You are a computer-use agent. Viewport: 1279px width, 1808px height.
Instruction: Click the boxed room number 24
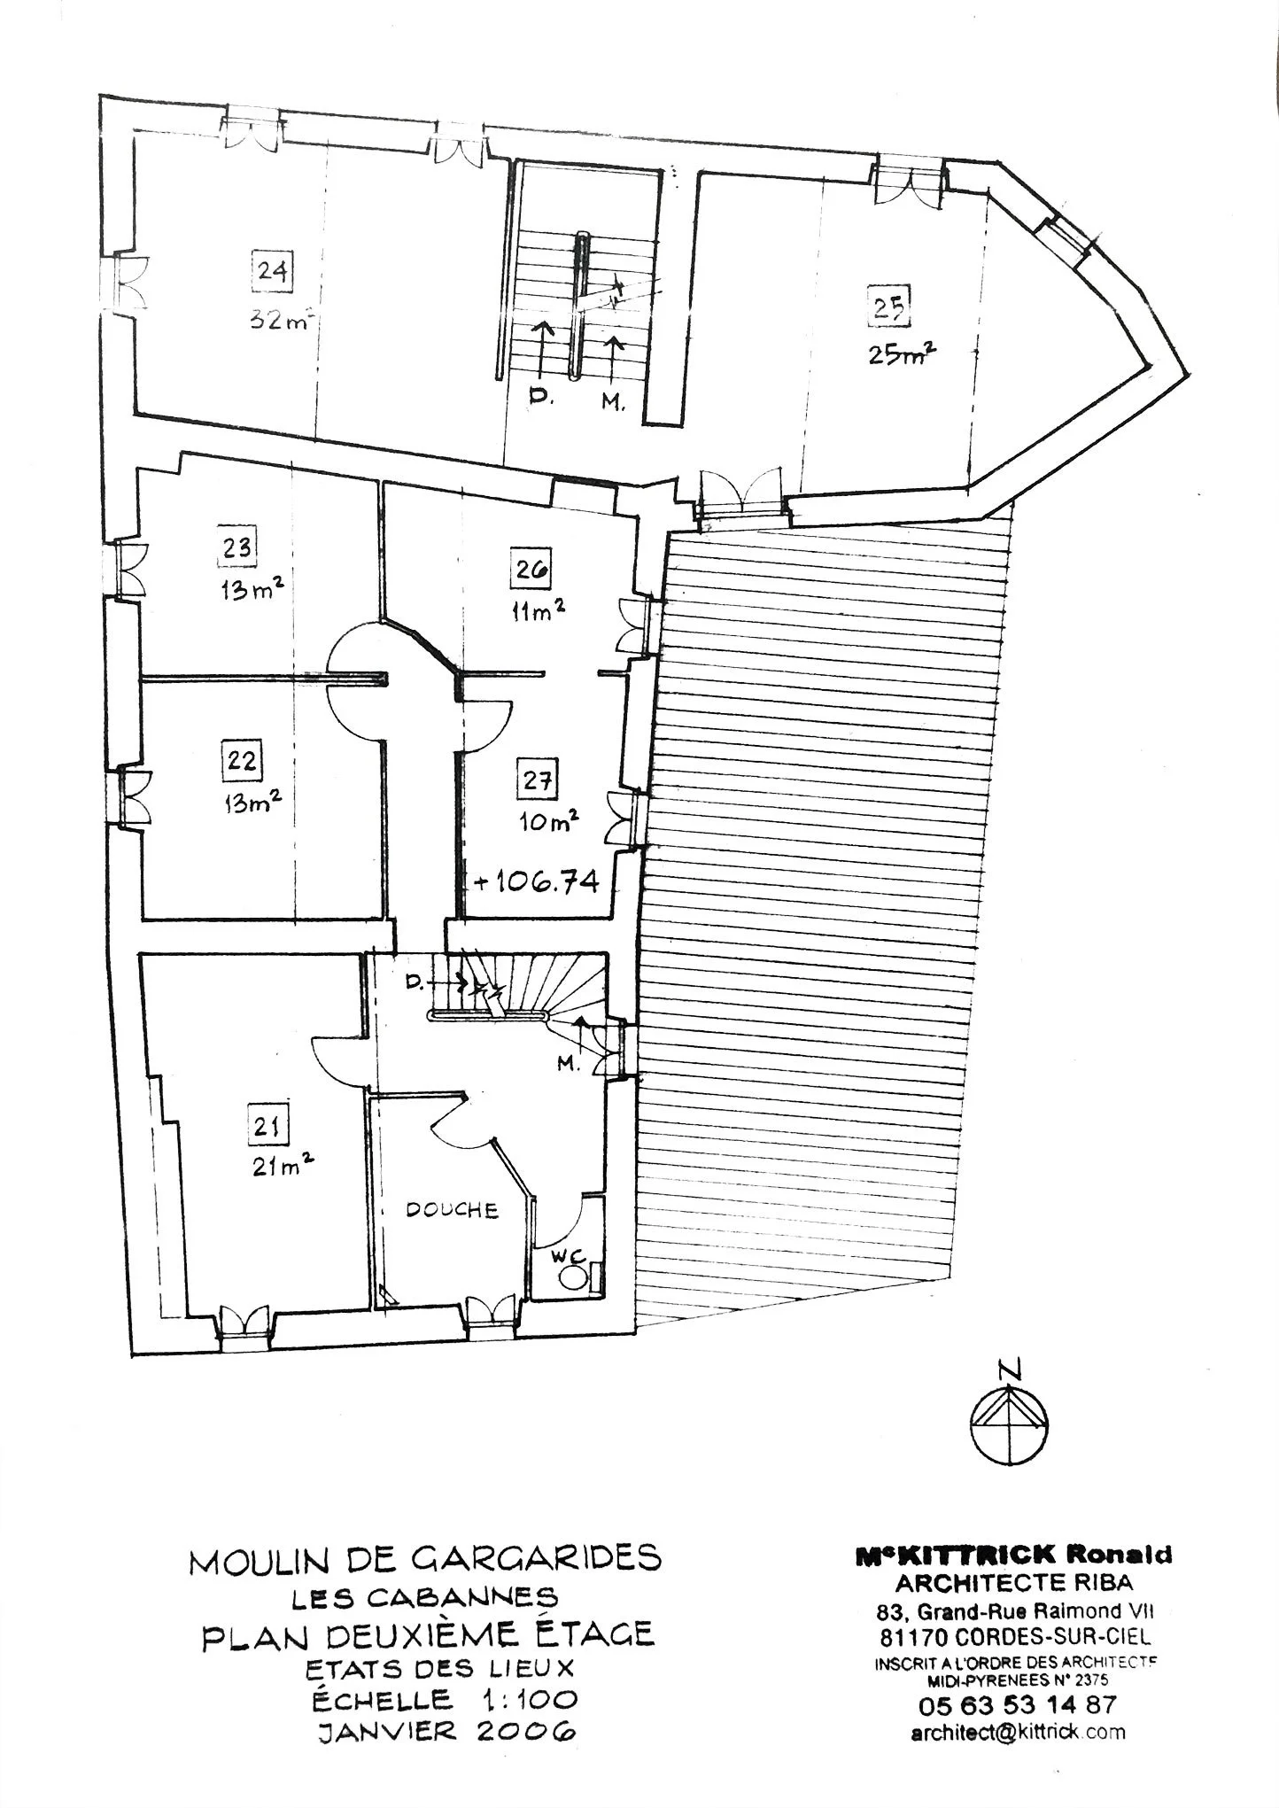272,269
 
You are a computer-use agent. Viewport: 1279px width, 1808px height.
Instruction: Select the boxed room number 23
236,547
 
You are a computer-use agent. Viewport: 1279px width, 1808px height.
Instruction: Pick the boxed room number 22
242,761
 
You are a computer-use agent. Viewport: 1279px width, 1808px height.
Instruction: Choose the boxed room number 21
267,1126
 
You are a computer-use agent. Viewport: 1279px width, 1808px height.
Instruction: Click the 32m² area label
280,321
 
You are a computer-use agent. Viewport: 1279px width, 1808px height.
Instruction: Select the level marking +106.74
536,881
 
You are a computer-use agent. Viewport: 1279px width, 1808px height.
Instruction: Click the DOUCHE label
452,1209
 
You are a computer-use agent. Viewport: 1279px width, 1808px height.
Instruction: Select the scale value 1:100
531,1700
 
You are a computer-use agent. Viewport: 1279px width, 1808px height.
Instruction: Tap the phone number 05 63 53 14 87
1018,1703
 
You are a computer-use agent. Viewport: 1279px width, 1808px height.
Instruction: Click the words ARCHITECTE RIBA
1013,1581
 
